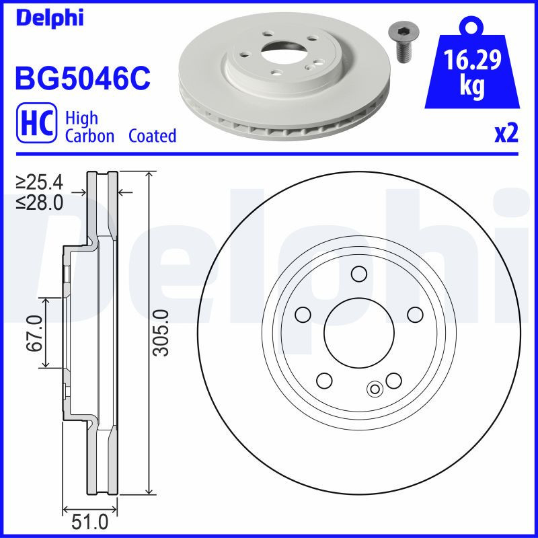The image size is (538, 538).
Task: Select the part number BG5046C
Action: [x=81, y=78]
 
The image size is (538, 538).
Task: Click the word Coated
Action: [x=152, y=136]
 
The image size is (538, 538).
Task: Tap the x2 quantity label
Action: [x=506, y=134]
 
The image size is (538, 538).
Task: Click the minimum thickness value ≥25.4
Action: [x=40, y=182]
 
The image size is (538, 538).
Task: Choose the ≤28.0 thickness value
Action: [x=40, y=201]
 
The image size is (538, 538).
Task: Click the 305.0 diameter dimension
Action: [x=160, y=332]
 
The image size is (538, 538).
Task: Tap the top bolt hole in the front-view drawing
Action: [x=358, y=274]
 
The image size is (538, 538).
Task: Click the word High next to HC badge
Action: [x=81, y=118]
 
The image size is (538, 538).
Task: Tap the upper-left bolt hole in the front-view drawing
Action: [x=303, y=314]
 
